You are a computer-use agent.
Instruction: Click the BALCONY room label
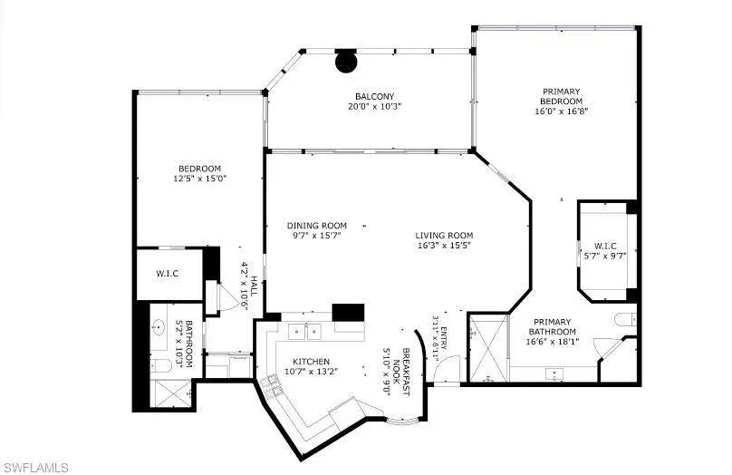(x=374, y=97)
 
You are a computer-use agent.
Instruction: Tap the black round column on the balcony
(x=346, y=62)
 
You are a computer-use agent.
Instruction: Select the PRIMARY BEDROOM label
(x=561, y=96)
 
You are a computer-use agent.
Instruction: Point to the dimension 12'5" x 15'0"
(x=200, y=179)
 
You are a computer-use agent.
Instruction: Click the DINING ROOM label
(x=317, y=226)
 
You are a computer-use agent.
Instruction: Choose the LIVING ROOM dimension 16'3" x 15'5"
(x=444, y=246)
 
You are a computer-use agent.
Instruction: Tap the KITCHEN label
(x=311, y=362)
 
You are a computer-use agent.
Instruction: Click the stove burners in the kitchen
(x=272, y=386)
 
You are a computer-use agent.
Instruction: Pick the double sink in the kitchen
(x=304, y=331)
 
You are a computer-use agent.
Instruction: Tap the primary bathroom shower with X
(x=488, y=348)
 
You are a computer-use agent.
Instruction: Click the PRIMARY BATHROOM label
(x=553, y=326)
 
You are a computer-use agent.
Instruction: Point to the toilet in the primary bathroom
(x=624, y=319)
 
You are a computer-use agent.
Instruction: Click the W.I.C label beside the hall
(x=167, y=273)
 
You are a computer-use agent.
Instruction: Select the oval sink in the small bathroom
(x=159, y=327)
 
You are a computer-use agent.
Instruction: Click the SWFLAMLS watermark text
(x=34, y=468)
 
